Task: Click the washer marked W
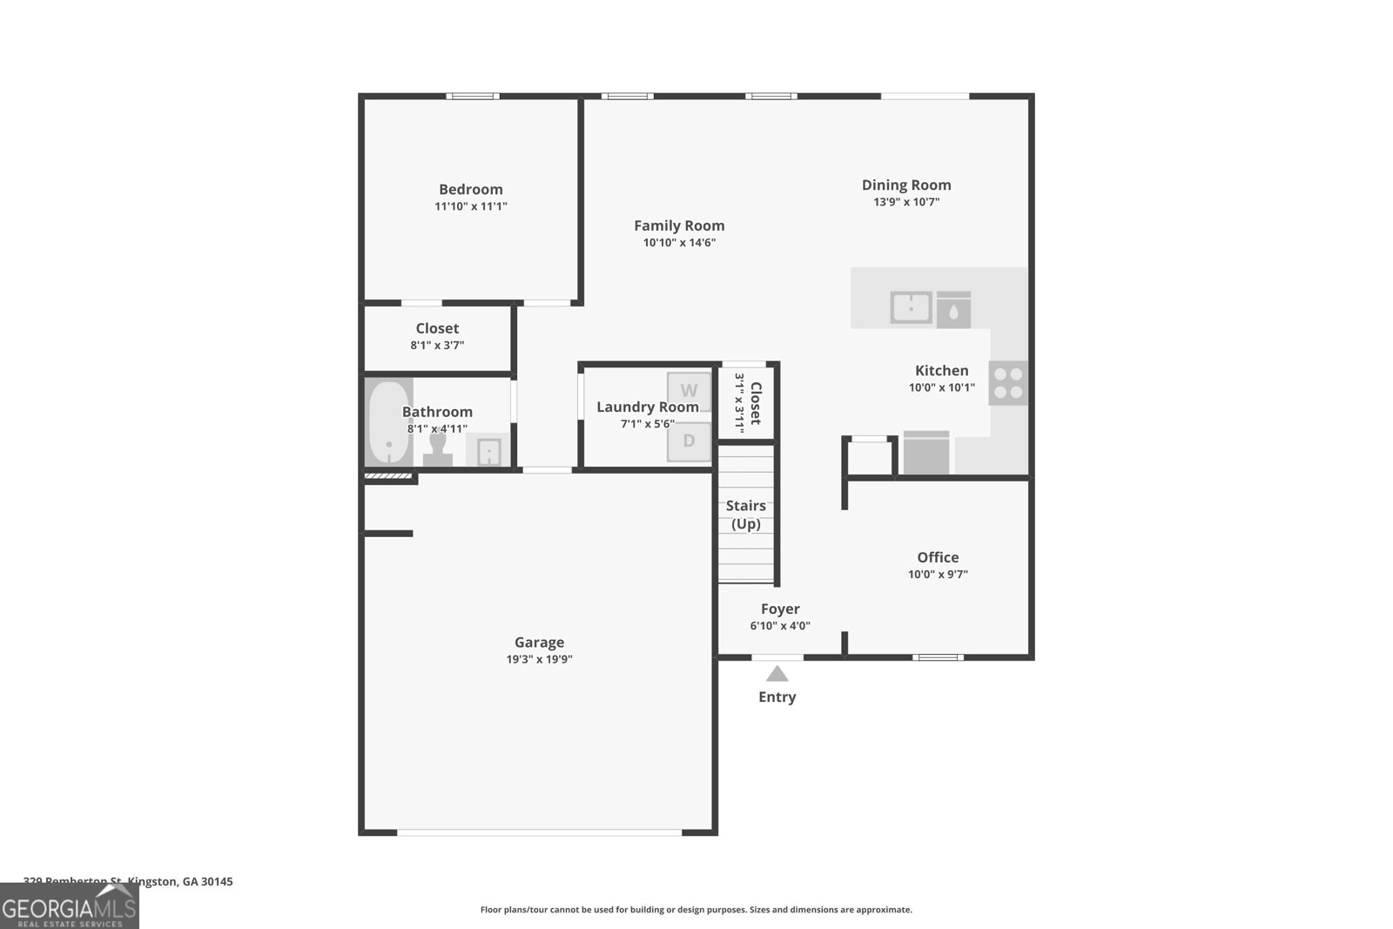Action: click(x=689, y=391)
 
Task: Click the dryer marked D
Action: click(x=689, y=441)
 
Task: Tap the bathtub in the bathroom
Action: click(x=388, y=423)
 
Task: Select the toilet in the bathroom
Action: click(x=438, y=449)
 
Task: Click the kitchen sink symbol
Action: click(x=911, y=307)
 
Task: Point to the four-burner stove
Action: click(x=1008, y=383)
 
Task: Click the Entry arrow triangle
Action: click(x=777, y=674)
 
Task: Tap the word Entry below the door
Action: click(x=777, y=697)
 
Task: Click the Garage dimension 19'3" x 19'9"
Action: click(x=539, y=659)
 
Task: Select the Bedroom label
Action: click(x=470, y=189)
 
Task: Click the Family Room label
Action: click(x=679, y=226)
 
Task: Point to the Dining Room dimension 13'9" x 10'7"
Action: click(x=906, y=202)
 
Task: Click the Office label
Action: click(x=938, y=557)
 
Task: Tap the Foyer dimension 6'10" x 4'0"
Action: click(x=780, y=625)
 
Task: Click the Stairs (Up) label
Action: click(x=746, y=515)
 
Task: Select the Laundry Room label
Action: click(x=647, y=407)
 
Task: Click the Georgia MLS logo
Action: click(x=70, y=905)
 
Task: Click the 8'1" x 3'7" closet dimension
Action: click(x=437, y=345)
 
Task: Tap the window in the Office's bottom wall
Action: click(x=938, y=657)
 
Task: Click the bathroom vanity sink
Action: click(x=488, y=452)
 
